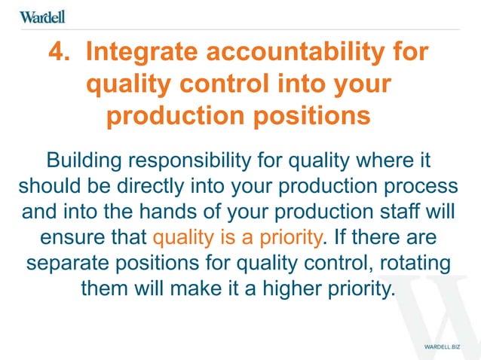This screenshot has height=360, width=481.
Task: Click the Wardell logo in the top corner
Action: point(43,17)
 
